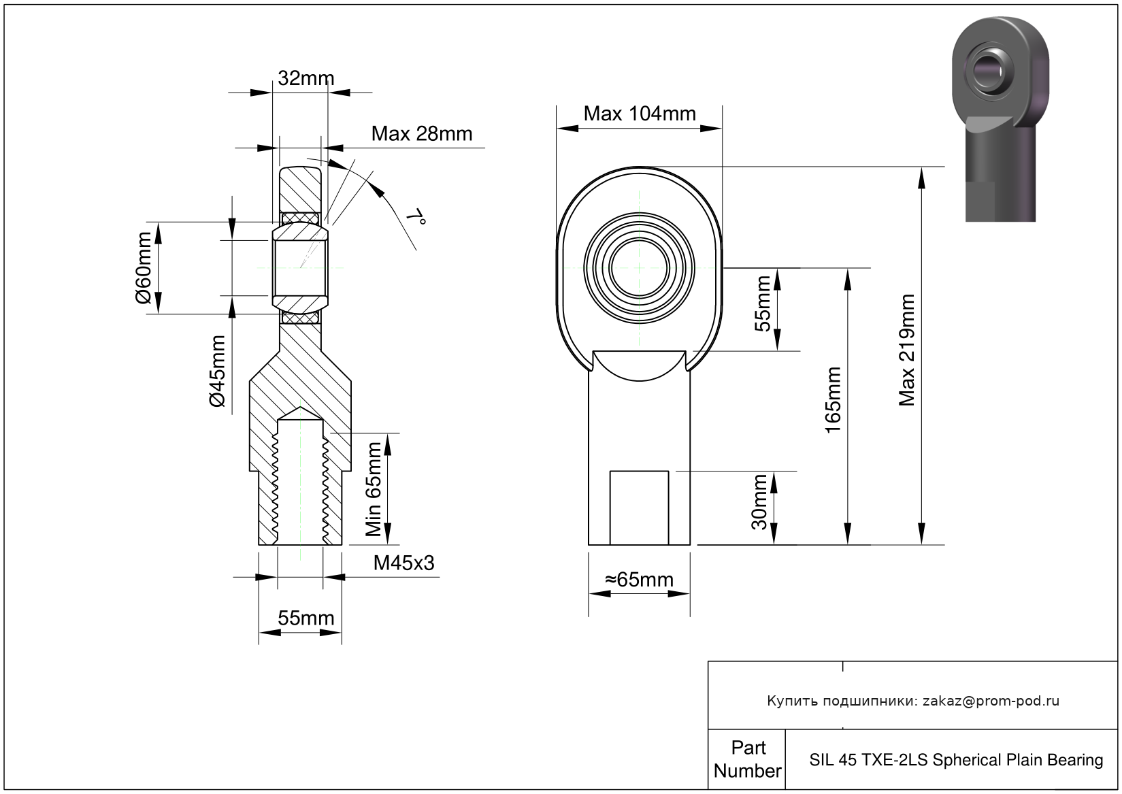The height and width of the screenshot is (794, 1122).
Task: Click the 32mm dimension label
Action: pos(306,78)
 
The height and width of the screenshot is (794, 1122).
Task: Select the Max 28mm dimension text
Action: pos(422,134)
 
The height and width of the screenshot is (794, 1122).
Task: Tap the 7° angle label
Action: pos(416,217)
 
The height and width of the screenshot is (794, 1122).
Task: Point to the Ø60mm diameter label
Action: pos(144,267)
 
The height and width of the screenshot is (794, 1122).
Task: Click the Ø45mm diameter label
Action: pos(217,371)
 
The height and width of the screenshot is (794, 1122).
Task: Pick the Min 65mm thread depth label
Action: pos(373,489)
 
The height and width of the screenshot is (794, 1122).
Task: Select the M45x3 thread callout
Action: pos(403,563)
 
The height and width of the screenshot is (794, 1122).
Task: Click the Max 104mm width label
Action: pos(640,114)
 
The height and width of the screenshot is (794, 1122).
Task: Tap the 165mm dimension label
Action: pos(833,400)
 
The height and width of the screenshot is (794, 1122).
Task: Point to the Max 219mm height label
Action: pos(906,350)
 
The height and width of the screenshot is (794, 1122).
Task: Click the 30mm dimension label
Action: pos(759,502)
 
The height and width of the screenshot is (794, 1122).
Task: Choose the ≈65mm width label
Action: pos(639,580)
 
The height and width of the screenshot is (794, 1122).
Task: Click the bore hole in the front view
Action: pos(639,267)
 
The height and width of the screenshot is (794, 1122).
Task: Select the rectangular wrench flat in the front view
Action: pos(639,508)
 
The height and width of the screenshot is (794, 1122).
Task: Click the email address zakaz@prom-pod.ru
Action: pos(991,701)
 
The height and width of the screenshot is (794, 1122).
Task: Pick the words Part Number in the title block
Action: pos(748,759)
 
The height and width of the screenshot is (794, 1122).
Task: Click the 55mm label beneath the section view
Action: pos(306,618)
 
